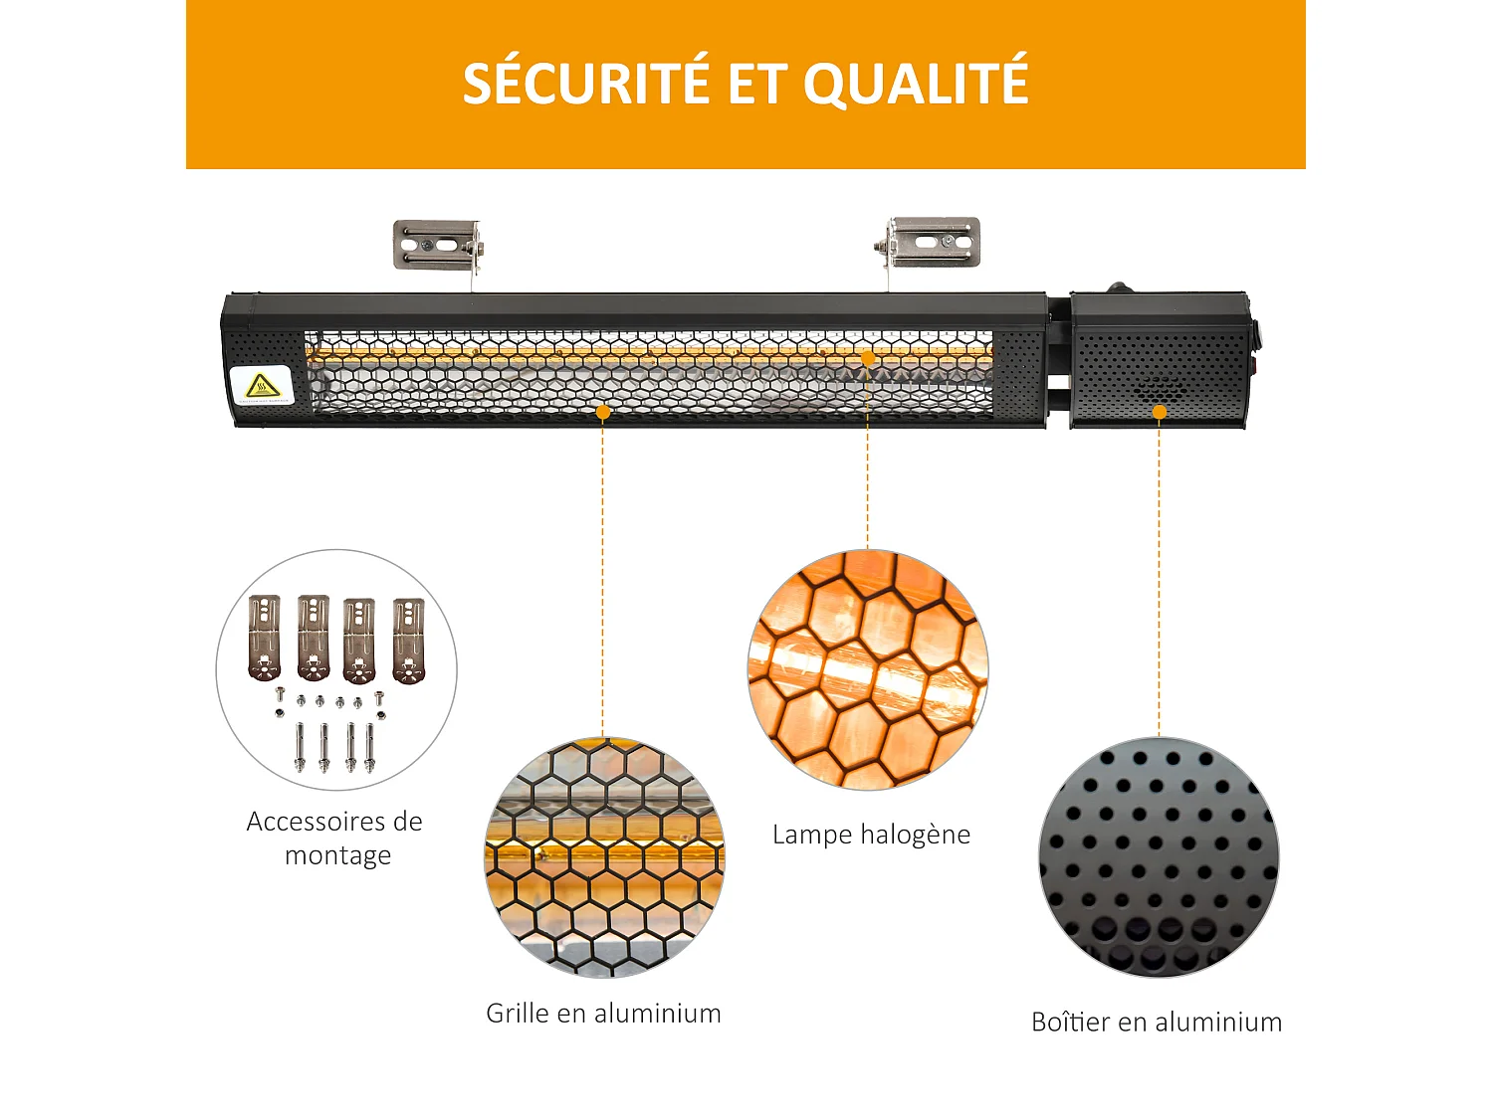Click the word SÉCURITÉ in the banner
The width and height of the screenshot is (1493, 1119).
tap(586, 84)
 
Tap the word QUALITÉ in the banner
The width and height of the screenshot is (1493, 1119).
tap(916, 84)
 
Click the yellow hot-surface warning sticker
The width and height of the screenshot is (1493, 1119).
tap(262, 387)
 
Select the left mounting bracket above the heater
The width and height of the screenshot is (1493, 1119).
tap(438, 245)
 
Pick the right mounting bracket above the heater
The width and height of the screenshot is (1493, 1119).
tap(932, 243)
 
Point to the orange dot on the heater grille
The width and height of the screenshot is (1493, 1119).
tap(602, 412)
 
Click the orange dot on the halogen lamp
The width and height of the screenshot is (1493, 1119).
tap(867, 358)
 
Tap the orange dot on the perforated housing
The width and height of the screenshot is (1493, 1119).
tap(1159, 412)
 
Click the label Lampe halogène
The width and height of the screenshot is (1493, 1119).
tap(871, 835)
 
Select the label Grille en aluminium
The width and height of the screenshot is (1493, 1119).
tap(603, 1014)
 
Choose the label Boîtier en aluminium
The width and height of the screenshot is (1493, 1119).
tap(1157, 1023)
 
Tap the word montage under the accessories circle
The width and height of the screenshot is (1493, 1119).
tap(337, 855)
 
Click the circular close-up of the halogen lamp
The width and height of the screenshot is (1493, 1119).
tap(868, 668)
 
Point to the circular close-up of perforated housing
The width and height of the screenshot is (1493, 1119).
tap(1159, 856)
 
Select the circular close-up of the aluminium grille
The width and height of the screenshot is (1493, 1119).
tap(604, 856)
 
